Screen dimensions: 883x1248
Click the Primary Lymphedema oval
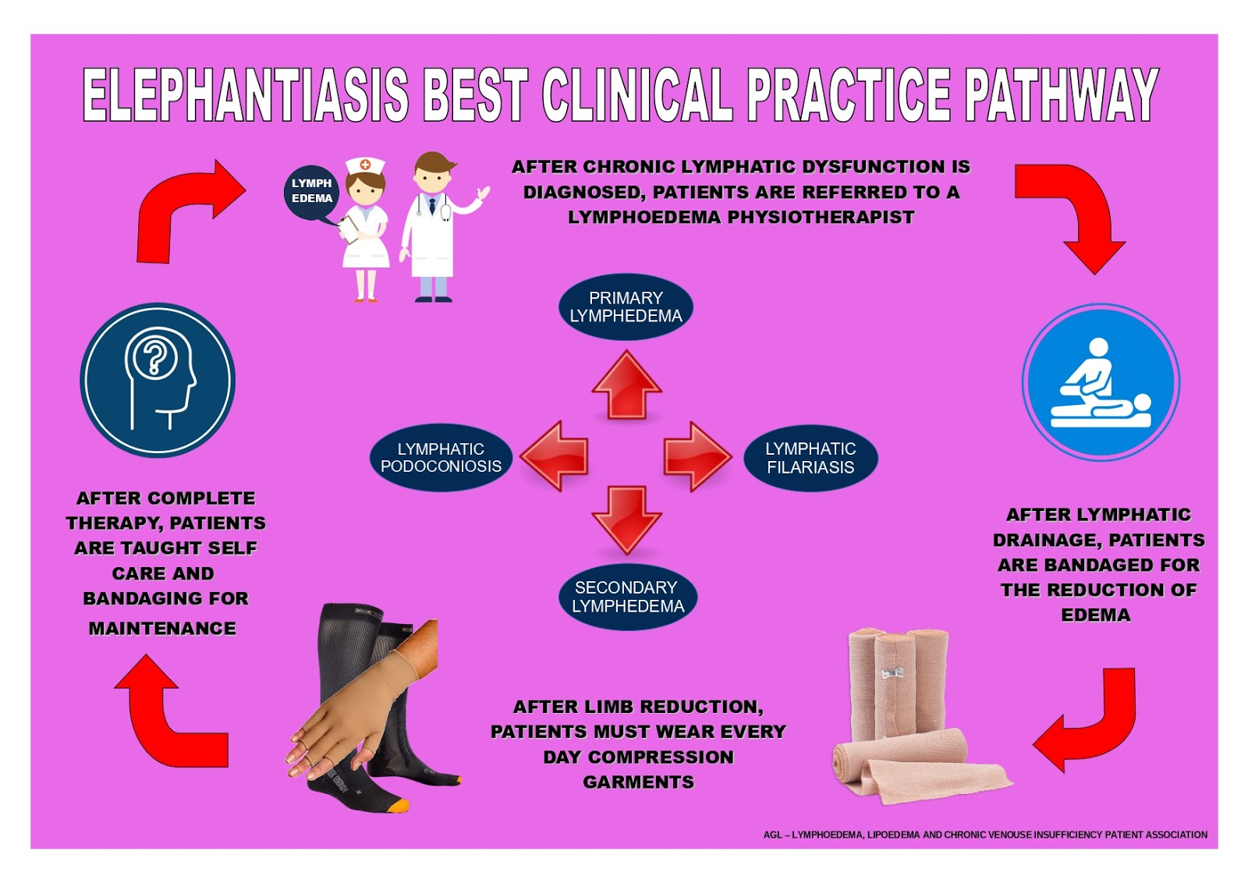626,307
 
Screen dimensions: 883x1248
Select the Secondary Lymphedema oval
627,597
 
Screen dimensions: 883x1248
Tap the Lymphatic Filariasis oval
810,458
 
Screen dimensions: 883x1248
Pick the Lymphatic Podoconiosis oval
441,458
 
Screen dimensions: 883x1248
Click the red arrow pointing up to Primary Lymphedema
626,385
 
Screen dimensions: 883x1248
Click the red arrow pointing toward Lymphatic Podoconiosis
555,456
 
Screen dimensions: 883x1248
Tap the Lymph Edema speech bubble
311,191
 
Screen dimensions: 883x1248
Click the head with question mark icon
158,380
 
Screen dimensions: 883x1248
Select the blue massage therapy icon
1100,382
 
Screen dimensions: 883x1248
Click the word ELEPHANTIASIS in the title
245,95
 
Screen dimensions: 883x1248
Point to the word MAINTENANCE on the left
162,629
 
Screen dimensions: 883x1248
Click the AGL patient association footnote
984,835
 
